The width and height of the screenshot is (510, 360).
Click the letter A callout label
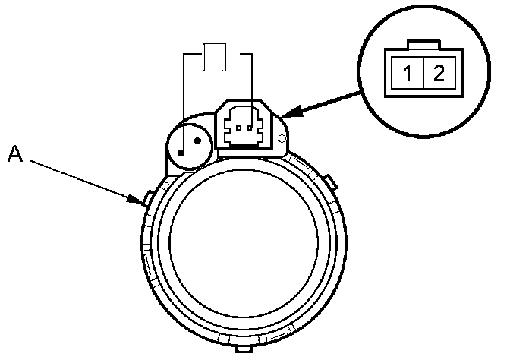tap(14, 154)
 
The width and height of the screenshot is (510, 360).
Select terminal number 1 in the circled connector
tap(408, 74)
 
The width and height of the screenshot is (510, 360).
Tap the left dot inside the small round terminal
tap(182, 151)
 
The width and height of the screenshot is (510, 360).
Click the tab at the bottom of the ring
tap(244, 349)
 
